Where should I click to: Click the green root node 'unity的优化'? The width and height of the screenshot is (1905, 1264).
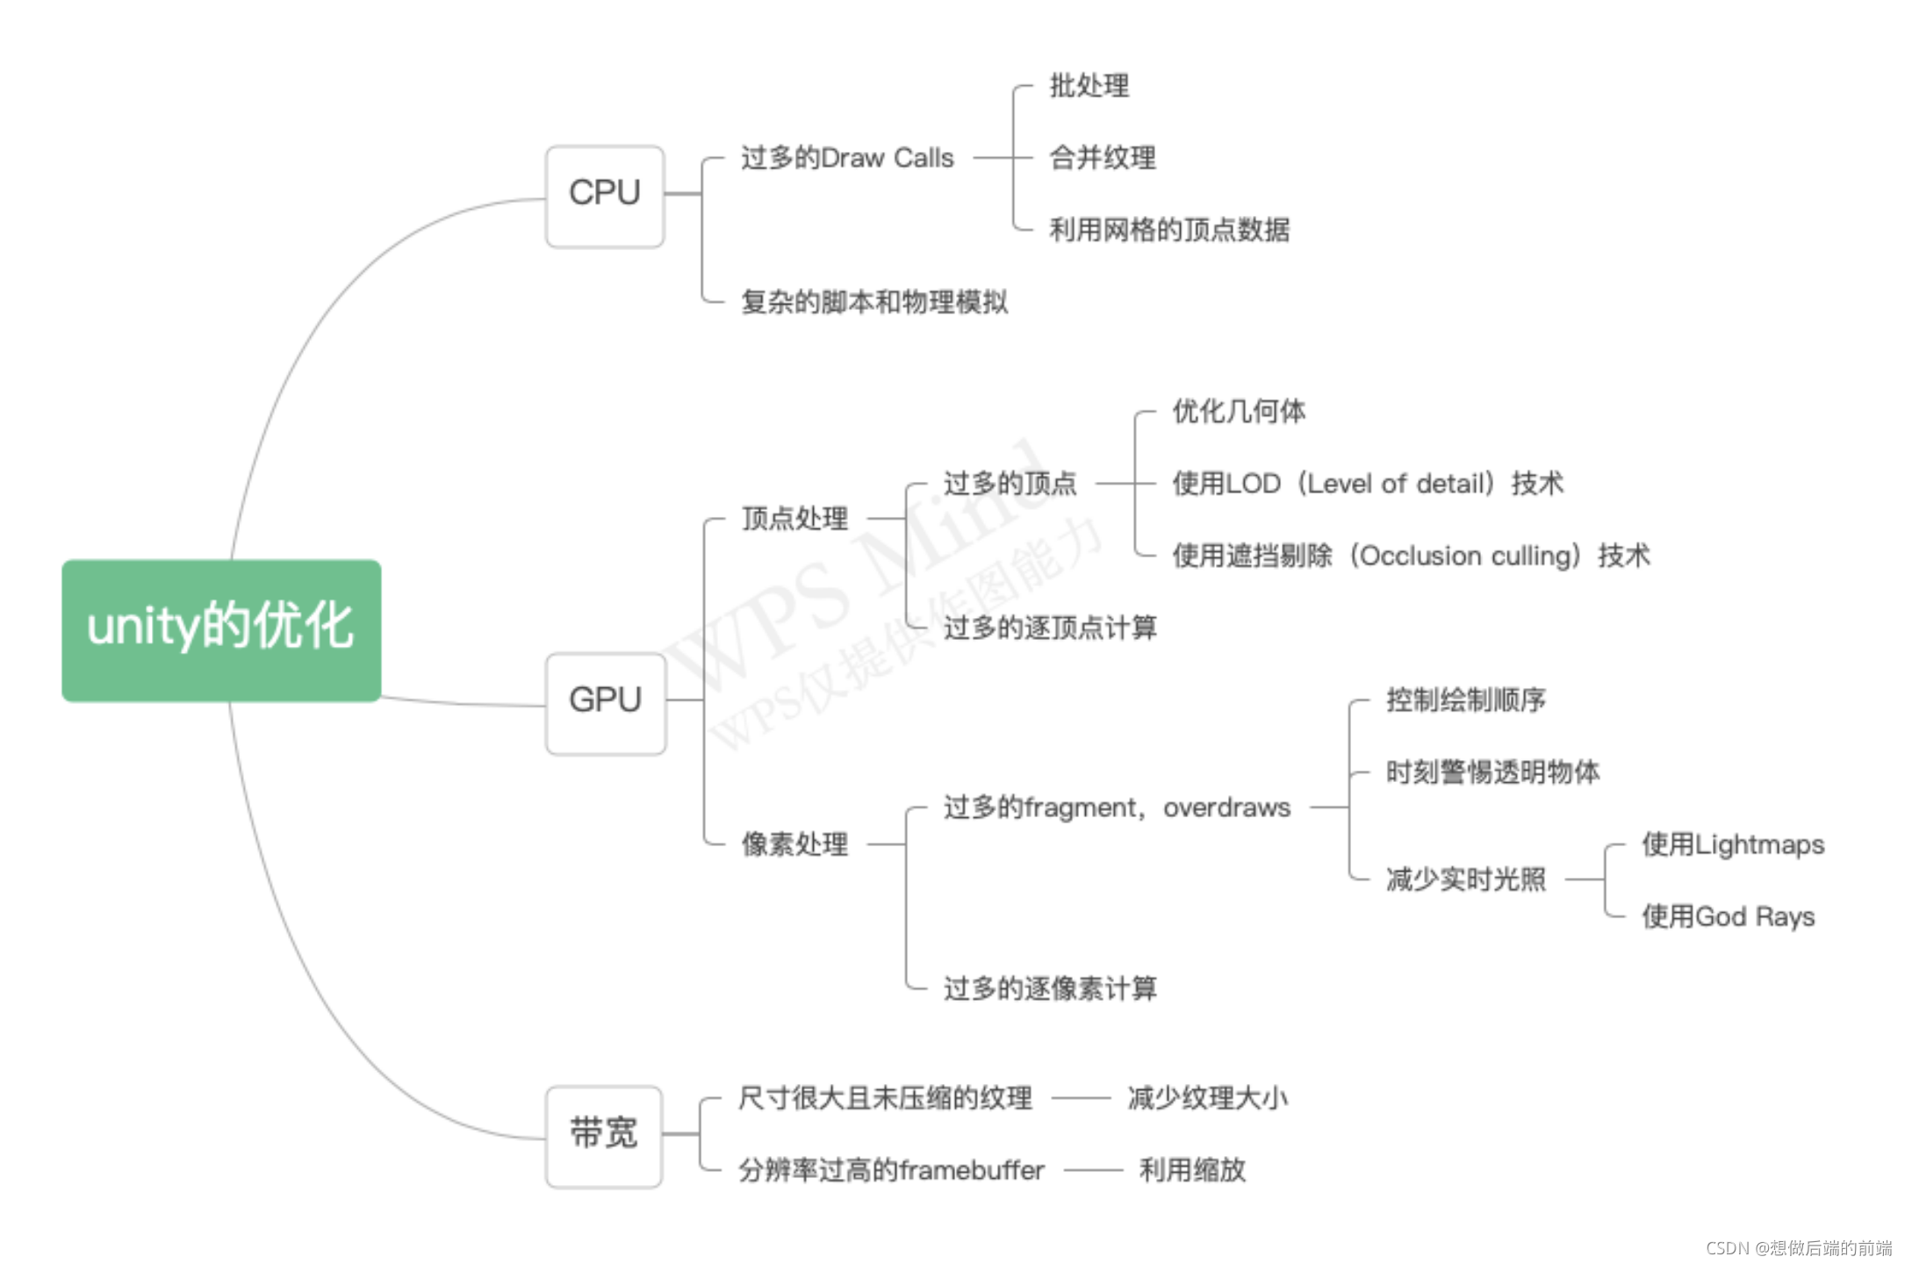[x=221, y=629]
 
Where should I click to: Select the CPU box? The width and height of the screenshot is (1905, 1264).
[x=605, y=196]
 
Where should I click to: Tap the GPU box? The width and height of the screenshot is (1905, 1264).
[x=606, y=702]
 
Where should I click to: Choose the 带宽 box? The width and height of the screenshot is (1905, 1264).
[x=604, y=1135]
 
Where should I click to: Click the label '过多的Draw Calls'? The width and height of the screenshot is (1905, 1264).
[x=847, y=158]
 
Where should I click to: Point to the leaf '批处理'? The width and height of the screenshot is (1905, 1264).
[x=1089, y=86]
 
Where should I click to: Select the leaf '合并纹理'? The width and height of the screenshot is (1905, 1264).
[x=1103, y=158]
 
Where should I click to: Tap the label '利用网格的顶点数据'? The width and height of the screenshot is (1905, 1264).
[x=1169, y=230]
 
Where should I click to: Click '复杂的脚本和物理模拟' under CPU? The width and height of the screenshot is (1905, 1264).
[x=874, y=302]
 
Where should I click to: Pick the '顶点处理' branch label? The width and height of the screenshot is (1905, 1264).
[x=794, y=519]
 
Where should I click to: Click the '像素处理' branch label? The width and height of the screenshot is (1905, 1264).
[x=794, y=844]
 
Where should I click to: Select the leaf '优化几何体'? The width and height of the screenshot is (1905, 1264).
[x=1239, y=411]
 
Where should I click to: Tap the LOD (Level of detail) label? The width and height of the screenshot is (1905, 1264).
[x=1368, y=484]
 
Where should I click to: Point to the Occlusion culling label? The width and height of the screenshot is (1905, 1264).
[x=1411, y=556]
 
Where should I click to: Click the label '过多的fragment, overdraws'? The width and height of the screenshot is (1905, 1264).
[x=1117, y=808]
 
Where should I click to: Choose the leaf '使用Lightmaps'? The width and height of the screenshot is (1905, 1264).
[x=1733, y=844]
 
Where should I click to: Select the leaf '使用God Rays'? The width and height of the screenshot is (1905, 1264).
[x=1728, y=916]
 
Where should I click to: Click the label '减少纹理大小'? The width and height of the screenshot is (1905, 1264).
[x=1207, y=1098]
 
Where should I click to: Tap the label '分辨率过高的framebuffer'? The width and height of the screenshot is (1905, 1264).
[x=891, y=1170]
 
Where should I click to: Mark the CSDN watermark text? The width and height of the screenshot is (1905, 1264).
[x=1799, y=1247]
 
